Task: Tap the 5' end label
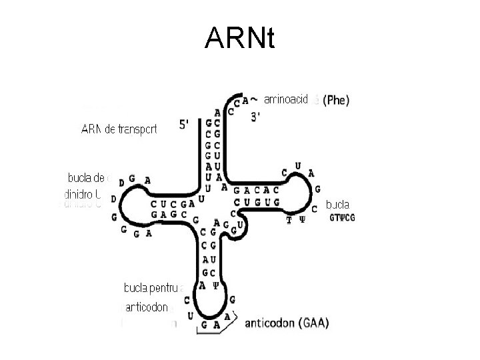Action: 187,125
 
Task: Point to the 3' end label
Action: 255,117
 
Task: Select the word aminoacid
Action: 286,101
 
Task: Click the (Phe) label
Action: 335,101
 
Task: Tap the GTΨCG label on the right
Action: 343,218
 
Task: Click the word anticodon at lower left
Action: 146,309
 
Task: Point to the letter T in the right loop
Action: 289,219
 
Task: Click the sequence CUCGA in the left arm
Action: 171,203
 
